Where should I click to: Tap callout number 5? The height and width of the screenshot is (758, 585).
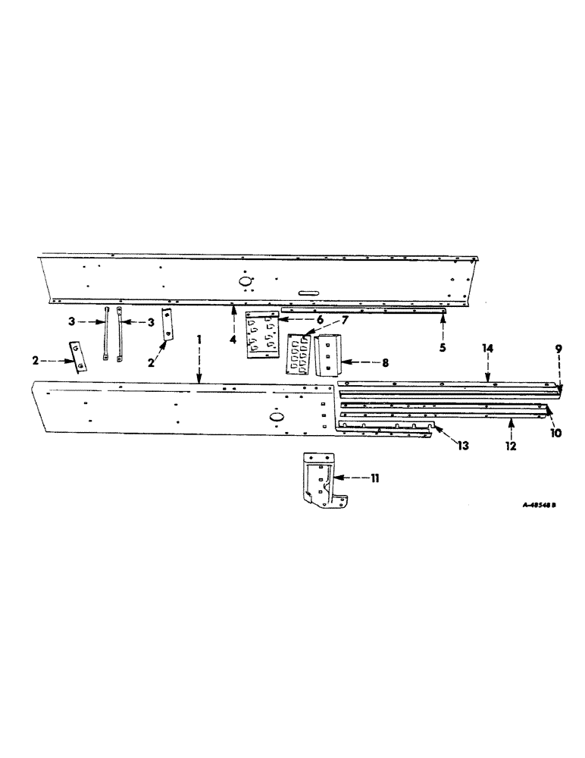(443, 347)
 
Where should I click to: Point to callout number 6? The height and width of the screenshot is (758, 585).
(299, 320)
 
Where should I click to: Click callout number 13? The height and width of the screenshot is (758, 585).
(463, 447)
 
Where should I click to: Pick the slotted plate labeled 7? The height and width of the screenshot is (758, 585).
(299, 356)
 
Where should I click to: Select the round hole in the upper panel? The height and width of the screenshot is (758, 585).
(247, 280)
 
